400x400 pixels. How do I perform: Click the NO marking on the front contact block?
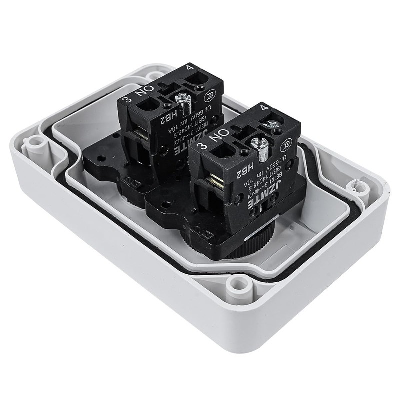point(218,137)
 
